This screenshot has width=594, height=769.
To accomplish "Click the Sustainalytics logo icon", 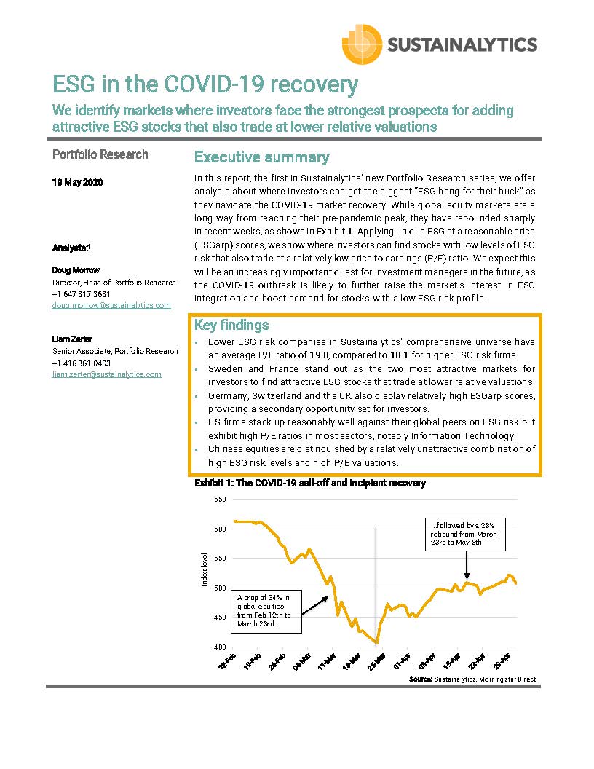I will pos(363,44).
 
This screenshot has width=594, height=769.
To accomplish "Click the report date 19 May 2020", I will pos(77,183).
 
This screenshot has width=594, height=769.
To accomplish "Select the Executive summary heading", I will pos(261,157).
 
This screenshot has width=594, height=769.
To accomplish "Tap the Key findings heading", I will pos(231,325).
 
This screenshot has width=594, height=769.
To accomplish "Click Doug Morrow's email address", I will pos(111,305).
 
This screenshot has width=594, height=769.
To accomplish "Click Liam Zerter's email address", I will pos(106,374).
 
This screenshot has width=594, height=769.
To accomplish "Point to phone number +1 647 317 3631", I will pos(82,294).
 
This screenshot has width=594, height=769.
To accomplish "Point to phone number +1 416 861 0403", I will pos(82,363).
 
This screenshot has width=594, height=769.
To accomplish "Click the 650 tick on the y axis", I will pos(220,499).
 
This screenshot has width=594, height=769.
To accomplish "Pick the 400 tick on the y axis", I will pos(220,647).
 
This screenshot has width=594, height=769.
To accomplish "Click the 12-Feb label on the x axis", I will pos(227,661).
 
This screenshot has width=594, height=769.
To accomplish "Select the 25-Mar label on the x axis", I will pos(376,661).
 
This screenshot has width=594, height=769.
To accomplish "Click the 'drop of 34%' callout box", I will pos(262,611).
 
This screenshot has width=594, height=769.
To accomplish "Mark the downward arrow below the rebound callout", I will pos(466,565).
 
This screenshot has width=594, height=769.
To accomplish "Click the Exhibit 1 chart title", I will pos(309,484).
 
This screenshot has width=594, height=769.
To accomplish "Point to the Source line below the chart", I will pos(472,679).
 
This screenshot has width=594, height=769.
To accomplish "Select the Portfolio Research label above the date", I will pos(100,154).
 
